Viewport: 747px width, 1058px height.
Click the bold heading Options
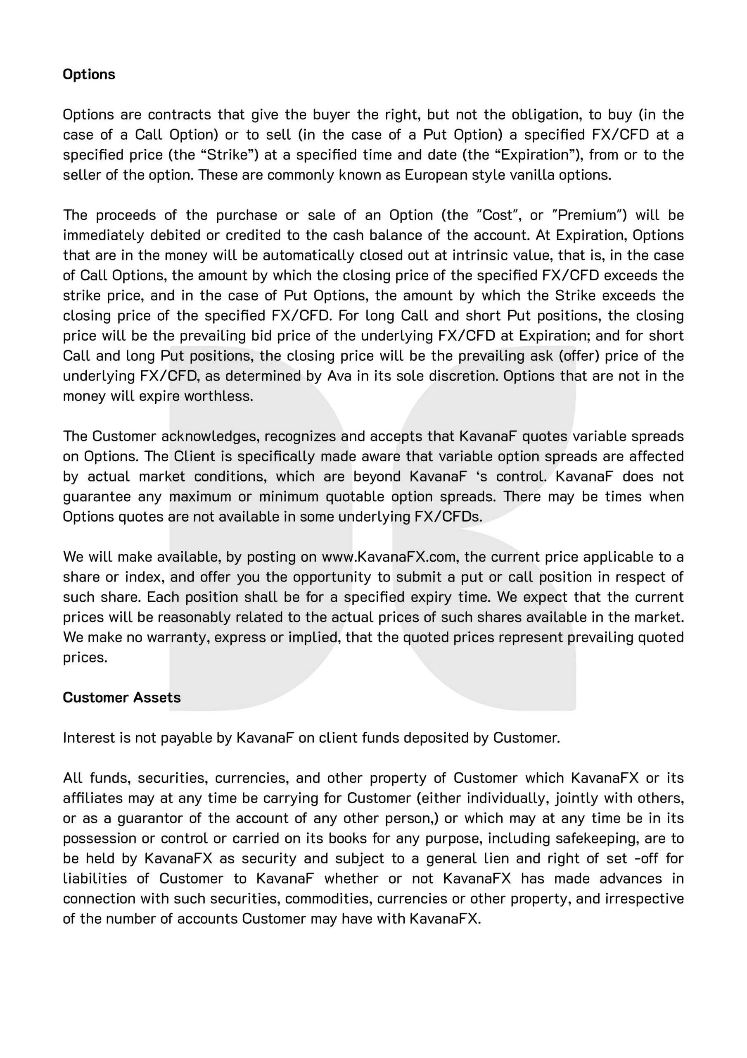point(89,74)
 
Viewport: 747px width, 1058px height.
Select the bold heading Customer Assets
point(121,698)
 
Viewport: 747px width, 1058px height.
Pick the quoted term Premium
point(588,215)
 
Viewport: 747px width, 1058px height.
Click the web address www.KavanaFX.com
point(389,557)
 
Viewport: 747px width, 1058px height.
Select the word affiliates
point(92,798)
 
